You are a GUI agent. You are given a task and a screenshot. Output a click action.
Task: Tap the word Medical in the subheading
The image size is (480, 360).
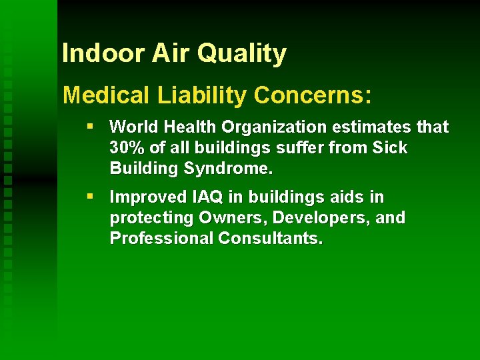(106, 95)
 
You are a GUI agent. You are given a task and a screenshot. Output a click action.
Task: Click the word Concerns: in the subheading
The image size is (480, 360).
(312, 95)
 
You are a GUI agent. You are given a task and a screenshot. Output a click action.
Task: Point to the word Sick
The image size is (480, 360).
(391, 148)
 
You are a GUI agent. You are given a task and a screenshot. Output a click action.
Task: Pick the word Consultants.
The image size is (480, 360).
(271, 239)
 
